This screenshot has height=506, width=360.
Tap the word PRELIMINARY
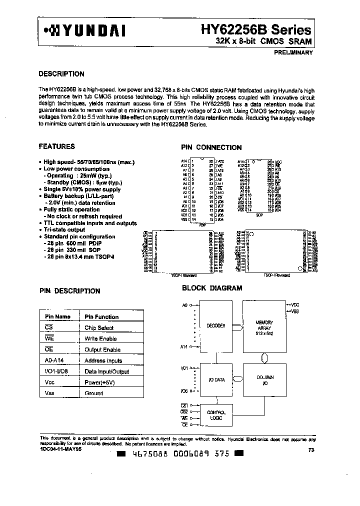[293, 52]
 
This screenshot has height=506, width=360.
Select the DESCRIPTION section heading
[61, 74]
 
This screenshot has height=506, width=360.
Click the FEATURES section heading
[56, 146]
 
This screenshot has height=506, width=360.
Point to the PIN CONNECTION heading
[211, 147]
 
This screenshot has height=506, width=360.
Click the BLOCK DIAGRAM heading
[212, 288]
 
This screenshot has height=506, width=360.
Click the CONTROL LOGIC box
[216, 415]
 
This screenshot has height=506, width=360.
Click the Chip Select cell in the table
[99, 328]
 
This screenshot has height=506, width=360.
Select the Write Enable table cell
[100, 339]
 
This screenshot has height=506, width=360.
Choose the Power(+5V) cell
[99, 382]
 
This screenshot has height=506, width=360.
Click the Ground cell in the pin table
[94, 393]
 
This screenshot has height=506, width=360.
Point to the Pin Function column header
[101, 317]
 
